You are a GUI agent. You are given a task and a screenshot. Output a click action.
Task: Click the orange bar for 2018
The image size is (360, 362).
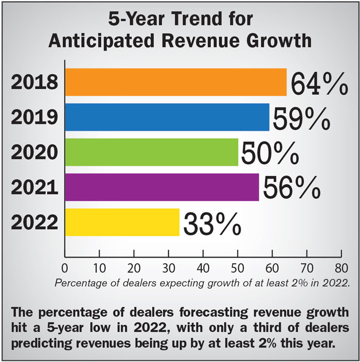[175, 82]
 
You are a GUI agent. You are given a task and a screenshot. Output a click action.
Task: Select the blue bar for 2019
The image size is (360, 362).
[167, 117]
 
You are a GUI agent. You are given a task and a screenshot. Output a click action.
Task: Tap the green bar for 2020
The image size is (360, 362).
[151, 152]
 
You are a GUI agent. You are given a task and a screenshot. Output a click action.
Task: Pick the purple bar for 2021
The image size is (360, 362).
[161, 187]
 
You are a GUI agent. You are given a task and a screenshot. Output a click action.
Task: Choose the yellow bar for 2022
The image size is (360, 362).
[122, 222]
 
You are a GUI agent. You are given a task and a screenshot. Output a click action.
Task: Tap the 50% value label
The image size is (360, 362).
[269, 153]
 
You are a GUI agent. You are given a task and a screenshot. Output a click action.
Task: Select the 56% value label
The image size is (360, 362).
[291, 188]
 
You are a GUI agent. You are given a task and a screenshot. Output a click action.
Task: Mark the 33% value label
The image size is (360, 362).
[211, 223]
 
